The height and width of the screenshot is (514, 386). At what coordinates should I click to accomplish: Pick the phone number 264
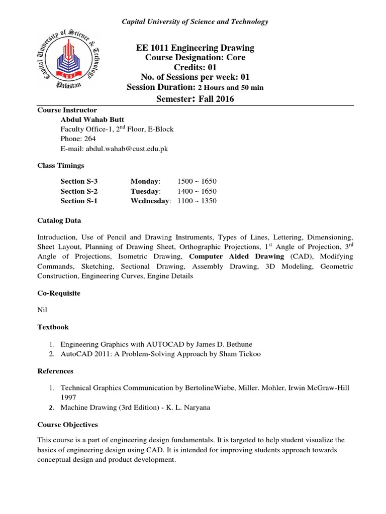90,139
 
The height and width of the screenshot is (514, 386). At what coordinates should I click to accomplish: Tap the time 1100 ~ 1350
197,201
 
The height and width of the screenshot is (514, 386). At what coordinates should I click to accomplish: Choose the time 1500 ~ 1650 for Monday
197,181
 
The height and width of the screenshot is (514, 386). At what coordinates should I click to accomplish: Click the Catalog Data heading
59,220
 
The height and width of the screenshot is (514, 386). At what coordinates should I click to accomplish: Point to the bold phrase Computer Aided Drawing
236,256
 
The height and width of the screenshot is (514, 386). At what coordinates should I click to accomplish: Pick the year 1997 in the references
69,398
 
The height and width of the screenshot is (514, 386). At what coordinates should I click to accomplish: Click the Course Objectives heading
67,424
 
